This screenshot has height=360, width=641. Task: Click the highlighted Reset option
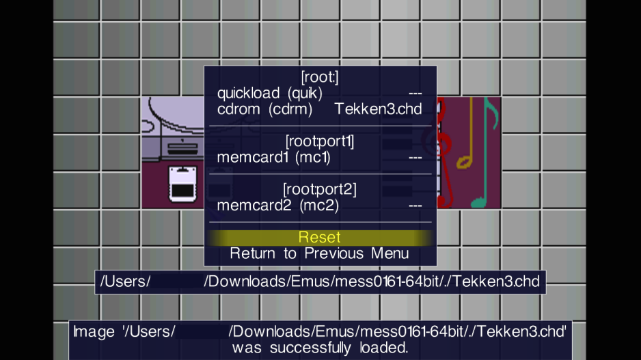click(319, 238)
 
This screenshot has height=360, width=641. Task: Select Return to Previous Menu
click(319, 253)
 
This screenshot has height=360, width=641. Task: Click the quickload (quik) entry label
click(270, 94)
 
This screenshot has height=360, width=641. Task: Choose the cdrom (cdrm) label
click(264, 109)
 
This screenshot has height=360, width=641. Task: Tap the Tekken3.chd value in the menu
click(378, 109)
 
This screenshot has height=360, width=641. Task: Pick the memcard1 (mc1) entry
click(273, 157)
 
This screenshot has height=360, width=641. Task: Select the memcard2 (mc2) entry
click(278, 205)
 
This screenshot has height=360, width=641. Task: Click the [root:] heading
click(320, 77)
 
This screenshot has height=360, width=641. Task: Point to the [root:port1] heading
click(320, 141)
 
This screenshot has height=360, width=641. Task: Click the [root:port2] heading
click(320, 189)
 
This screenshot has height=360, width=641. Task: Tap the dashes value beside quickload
click(415, 94)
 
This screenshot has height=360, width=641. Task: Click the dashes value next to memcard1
click(415, 158)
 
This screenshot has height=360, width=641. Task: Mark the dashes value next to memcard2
click(415, 206)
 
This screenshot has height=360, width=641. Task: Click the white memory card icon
click(182, 184)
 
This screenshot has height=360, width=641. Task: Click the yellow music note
click(466, 135)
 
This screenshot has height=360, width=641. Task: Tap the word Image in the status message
click(94, 332)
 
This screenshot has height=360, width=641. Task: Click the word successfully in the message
click(310, 348)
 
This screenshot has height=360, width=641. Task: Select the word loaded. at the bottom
click(384, 348)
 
